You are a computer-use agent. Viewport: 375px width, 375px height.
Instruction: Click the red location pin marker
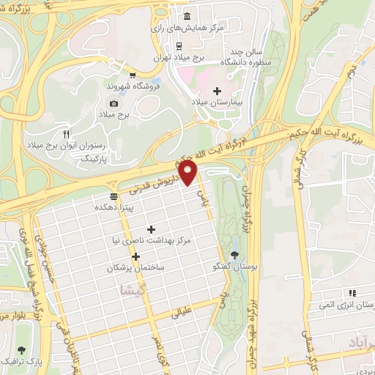(x=189, y=173)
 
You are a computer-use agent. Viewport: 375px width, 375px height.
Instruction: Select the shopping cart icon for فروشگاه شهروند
(x=131, y=74)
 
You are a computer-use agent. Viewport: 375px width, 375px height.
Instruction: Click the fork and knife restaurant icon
(x=66, y=133)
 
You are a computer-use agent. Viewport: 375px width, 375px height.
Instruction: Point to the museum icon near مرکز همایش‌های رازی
(x=187, y=16)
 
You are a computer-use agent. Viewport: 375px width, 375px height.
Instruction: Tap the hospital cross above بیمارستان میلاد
(x=215, y=91)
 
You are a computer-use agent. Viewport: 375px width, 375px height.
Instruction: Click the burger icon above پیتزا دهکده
(x=113, y=196)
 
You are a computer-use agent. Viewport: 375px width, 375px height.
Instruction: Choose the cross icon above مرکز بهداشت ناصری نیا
(x=152, y=230)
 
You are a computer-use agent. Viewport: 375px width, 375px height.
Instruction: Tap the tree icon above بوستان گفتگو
(x=234, y=256)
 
